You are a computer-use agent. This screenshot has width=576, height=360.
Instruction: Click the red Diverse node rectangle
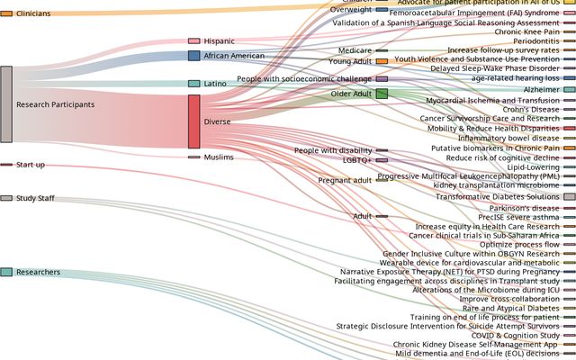point(193,121)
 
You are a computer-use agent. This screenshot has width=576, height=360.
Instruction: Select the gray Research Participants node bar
point(6,104)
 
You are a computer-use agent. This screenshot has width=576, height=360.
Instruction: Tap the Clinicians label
point(33,13)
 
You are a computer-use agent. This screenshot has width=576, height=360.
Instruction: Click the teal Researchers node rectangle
point(6,272)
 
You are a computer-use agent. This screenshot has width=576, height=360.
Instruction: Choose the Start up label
point(31,165)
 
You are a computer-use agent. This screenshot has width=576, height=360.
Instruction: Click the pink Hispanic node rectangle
point(193,41)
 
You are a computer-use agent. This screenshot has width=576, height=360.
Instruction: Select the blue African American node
point(193,56)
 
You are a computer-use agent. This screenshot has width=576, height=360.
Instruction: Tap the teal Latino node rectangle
point(193,84)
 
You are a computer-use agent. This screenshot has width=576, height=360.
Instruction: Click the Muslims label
point(219,157)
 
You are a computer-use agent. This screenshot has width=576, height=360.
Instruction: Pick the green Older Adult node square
point(382,94)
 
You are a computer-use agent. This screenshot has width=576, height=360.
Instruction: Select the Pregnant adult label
point(345,180)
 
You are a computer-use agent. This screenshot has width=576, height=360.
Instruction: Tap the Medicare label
point(355,50)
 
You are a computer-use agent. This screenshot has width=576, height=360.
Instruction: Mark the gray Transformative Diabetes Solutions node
point(569,196)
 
